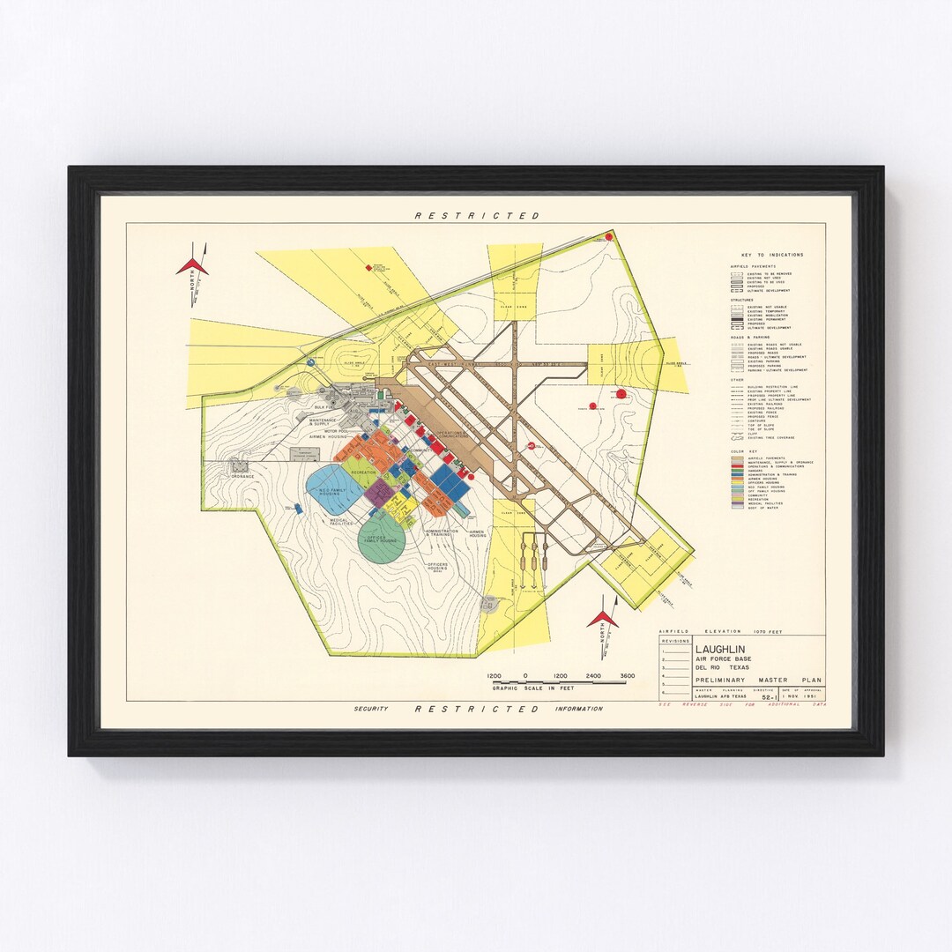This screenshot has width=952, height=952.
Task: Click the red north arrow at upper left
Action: [191, 265]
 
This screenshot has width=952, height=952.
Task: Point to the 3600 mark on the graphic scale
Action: [627, 676]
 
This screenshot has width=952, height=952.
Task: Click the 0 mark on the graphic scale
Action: [525, 676]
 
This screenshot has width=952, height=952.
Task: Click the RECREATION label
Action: [364, 473]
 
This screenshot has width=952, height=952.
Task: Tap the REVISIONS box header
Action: [674, 641]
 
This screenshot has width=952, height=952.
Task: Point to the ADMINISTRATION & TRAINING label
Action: [442, 533]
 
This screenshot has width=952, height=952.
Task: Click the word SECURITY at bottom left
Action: [372, 709]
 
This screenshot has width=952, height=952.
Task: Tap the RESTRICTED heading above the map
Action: [477, 215]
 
